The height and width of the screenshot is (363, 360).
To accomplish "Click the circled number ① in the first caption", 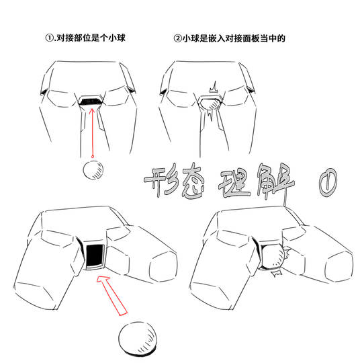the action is [x=49, y=38].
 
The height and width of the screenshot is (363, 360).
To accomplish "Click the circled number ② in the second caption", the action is [x=178, y=38].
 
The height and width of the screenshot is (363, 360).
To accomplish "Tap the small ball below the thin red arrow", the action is [x=93, y=170].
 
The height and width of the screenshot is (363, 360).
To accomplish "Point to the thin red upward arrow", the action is [x=92, y=132].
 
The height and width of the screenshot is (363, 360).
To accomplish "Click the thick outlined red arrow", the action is [x=111, y=295].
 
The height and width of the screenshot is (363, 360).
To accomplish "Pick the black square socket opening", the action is [x=95, y=255].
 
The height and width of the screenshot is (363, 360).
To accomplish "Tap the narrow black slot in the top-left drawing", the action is [x=90, y=101].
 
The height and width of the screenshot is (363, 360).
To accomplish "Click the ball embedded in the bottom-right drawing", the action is [x=273, y=257].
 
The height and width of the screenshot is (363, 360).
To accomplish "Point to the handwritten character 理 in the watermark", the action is [x=235, y=184].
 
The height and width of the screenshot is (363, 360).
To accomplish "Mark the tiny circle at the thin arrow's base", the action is [x=93, y=157].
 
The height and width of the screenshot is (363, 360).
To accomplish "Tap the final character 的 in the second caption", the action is [x=281, y=38].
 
